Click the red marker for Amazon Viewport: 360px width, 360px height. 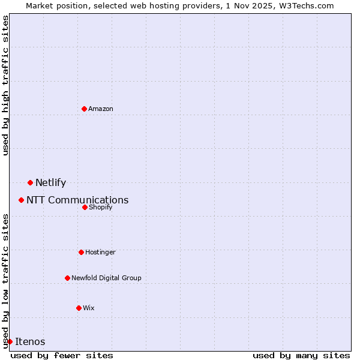tap(84, 109)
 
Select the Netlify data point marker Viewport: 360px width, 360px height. tap(30, 182)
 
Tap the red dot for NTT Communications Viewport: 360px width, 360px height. tap(21, 200)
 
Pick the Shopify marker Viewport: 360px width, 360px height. tap(85, 207)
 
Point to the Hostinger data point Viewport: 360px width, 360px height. tap(81, 252)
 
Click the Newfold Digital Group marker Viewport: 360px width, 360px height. tap(67, 278)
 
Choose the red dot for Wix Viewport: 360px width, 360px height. tap(79, 308)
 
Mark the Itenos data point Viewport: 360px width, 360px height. tap(10, 341)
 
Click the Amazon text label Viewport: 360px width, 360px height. tap(101, 109)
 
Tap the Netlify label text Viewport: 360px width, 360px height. tap(50, 183)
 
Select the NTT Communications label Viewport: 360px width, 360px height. tap(77, 200)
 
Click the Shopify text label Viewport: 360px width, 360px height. tap(100, 207)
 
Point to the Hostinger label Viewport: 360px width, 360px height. tap(100, 252)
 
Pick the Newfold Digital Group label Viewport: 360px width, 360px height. tap(106, 278)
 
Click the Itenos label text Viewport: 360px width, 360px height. tap(30, 342)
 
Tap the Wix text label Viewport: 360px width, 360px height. tap(89, 308)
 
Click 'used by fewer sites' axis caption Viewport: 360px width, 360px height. tap(62, 355)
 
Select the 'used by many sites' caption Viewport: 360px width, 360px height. tap(301, 355)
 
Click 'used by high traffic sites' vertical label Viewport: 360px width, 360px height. tap(5, 85)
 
